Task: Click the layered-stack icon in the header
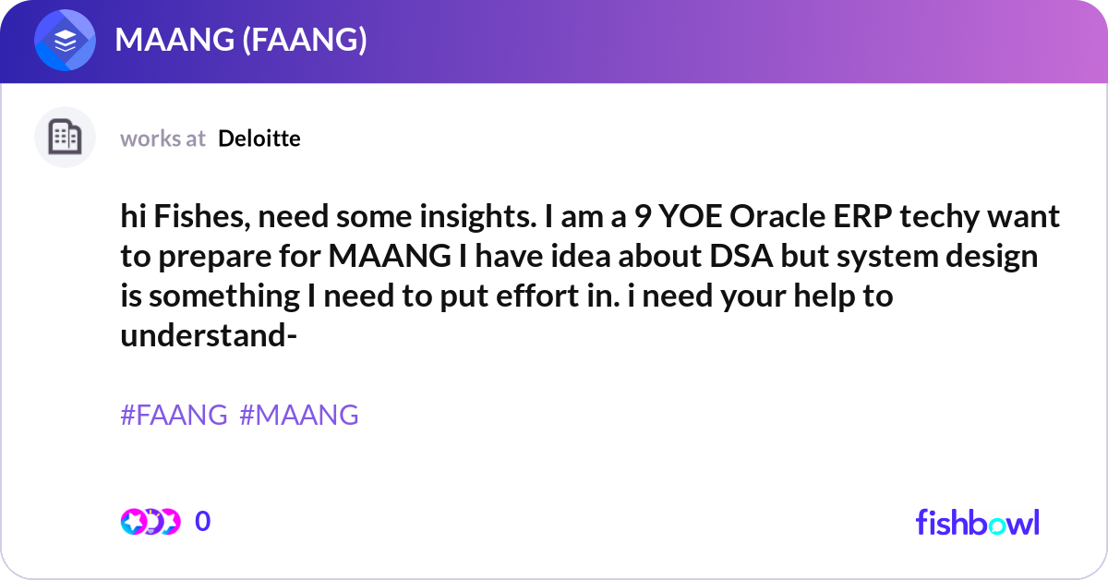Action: (x=65, y=41)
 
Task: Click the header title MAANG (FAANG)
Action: (x=241, y=41)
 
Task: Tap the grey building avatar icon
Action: (x=65, y=138)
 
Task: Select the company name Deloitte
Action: (x=259, y=139)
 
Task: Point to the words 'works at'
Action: (x=163, y=139)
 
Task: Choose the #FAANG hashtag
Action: (x=174, y=416)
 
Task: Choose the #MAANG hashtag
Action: (x=299, y=416)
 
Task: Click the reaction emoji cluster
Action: (x=150, y=522)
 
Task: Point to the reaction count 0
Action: (x=203, y=522)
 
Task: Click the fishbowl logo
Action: (x=977, y=522)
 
